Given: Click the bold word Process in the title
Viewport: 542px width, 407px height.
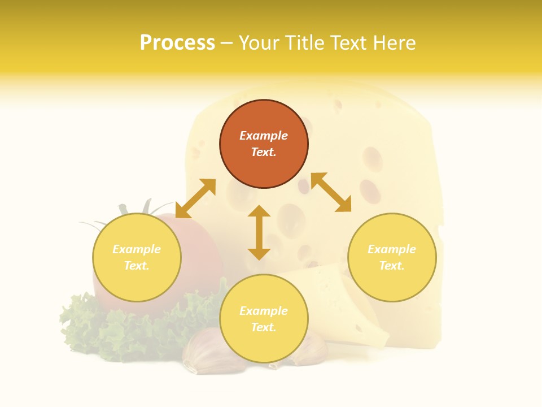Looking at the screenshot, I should click(x=177, y=43).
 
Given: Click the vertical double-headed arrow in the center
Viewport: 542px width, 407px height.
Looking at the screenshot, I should click(x=259, y=232).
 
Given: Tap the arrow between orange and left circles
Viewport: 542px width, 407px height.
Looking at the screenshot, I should click(x=195, y=198).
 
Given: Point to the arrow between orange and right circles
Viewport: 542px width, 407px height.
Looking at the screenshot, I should click(x=331, y=192).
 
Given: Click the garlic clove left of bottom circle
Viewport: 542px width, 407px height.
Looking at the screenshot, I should click(x=203, y=353).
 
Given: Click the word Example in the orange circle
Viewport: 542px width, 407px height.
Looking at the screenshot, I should click(x=264, y=136).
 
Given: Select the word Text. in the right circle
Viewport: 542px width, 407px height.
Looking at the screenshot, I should click(x=392, y=266).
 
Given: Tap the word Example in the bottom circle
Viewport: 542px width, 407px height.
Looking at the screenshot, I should click(x=264, y=311).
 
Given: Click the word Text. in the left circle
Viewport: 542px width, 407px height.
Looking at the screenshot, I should click(x=137, y=266).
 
